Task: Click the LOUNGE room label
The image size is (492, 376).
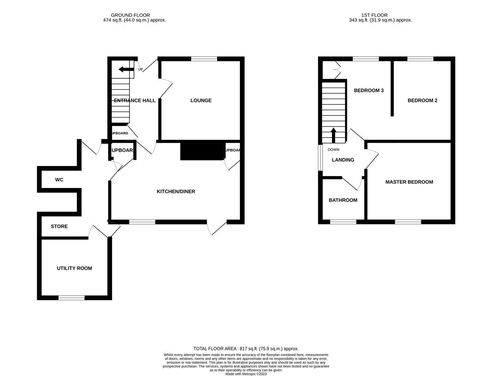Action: [201, 101]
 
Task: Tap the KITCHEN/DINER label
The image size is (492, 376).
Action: [176, 191]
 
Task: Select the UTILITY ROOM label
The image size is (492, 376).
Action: [74, 268]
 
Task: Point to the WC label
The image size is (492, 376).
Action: [59, 180]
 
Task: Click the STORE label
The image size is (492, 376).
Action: [59, 226]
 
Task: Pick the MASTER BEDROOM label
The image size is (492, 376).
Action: [409, 182]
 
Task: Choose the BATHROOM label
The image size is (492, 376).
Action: [343, 200]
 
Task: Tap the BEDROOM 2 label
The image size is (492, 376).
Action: [422, 101]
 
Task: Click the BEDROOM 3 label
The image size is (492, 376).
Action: [369, 91]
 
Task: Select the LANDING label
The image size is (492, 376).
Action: [343, 160]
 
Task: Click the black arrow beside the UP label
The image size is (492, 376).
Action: [126, 70]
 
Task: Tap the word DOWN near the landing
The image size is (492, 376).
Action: [333, 150]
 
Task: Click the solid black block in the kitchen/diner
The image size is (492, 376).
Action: [202, 151]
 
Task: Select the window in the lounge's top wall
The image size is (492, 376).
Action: [204, 59]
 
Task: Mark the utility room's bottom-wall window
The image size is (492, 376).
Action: [71, 298]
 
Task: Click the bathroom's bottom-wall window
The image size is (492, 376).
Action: [343, 222]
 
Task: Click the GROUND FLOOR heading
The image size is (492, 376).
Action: [130, 15]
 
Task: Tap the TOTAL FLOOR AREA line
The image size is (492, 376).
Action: [246, 348]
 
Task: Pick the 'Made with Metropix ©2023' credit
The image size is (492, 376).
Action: [246, 374]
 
